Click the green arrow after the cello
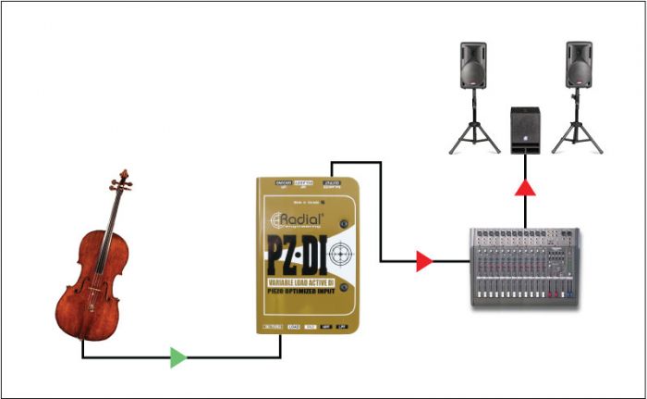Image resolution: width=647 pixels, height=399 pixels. click(x=178, y=357)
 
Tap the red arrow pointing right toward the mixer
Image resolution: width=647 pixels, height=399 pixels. click(x=424, y=261)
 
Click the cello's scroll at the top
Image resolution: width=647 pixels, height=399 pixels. click(x=123, y=175)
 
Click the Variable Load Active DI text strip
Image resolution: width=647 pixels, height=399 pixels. click(x=303, y=282)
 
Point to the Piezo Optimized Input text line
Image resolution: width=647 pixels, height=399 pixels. click(x=303, y=294)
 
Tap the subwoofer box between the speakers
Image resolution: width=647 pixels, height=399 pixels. click(x=526, y=131)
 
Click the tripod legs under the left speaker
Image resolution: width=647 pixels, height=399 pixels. click(x=473, y=134)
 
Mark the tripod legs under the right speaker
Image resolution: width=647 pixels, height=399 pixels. click(x=579, y=134)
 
